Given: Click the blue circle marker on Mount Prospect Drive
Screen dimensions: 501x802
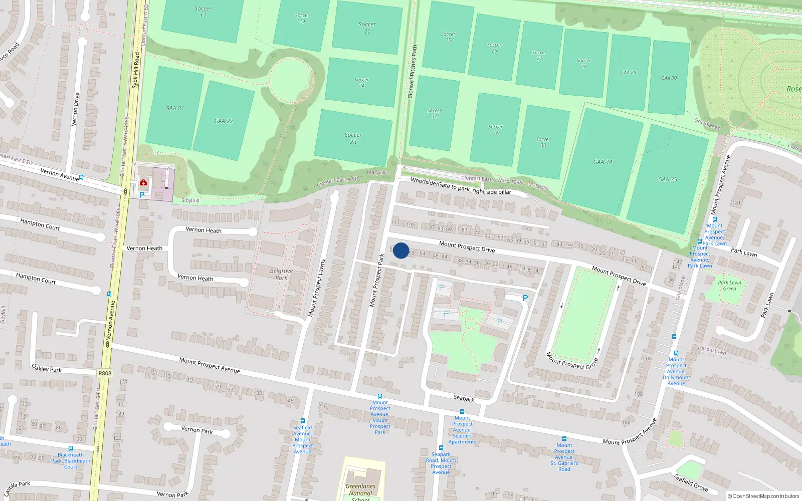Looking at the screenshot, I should pyautogui.click(x=401, y=250).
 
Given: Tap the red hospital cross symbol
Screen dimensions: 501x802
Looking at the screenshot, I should pyautogui.click(x=143, y=183).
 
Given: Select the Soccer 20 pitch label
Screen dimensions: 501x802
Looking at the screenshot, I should pyautogui.click(x=367, y=28).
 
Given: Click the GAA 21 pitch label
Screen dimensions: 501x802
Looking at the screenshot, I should pyautogui.click(x=175, y=108).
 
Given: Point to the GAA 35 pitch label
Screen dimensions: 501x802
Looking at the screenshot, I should pyautogui.click(x=667, y=179).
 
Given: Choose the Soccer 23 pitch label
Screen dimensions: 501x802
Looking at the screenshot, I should pyautogui.click(x=353, y=138).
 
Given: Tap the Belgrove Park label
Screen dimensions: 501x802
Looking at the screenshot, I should pyautogui.click(x=281, y=274).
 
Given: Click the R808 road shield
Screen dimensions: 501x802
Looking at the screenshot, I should pyautogui.click(x=105, y=373).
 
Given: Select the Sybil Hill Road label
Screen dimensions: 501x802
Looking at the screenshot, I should pyautogui.click(x=135, y=70).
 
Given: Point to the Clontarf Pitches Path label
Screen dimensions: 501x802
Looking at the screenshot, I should pyautogui.click(x=413, y=71).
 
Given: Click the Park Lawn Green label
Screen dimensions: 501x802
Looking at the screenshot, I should pyautogui.click(x=729, y=285).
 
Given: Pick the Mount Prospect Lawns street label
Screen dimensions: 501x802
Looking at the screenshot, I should pyautogui.click(x=316, y=288).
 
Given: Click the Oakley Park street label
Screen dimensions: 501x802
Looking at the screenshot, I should pyautogui.click(x=47, y=369).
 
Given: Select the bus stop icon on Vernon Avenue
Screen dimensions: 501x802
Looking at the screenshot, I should pyautogui.click(x=81, y=177).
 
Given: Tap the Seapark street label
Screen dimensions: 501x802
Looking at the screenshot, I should pyautogui.click(x=464, y=399).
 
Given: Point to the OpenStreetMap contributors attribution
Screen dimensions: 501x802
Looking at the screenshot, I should pyautogui.click(x=763, y=496).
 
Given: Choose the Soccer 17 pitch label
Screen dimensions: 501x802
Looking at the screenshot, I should pyautogui.click(x=203, y=12).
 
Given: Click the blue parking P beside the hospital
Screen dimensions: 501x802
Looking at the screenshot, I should pyautogui.click(x=142, y=195).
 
